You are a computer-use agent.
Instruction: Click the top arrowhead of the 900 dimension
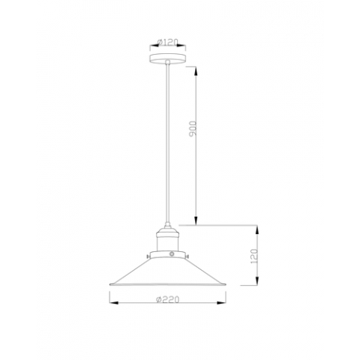point(196,68)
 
